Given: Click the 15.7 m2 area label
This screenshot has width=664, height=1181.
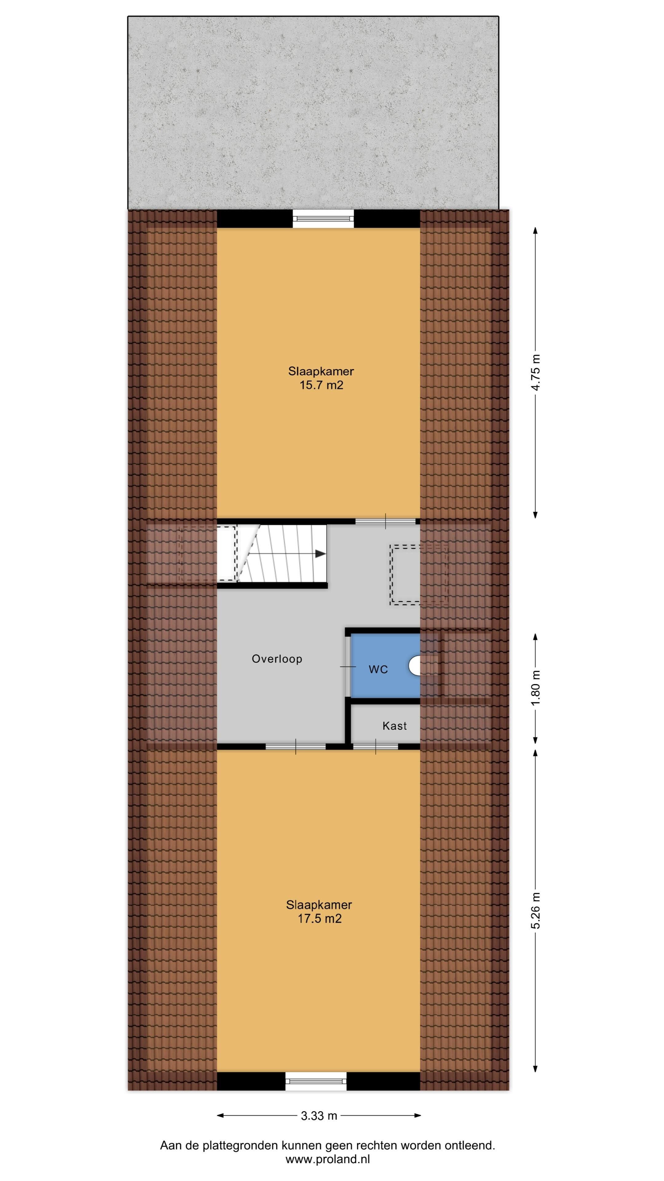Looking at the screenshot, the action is pos(321,385).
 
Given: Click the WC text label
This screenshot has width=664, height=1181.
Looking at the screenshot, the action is pos(378,670).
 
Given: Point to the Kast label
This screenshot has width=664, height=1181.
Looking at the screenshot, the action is pos(394,726).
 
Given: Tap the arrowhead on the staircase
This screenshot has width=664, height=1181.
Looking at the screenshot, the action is pos(321,554).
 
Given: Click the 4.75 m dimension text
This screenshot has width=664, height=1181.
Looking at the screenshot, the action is pos(535,372).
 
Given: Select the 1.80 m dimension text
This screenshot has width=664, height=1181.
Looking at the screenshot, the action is pos(535,688).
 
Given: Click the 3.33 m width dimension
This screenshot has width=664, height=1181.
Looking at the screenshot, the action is pos(319,1116).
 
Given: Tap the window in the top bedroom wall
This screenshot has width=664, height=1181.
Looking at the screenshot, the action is pos(323,219).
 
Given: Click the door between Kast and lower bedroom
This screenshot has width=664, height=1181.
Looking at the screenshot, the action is pos(375,746).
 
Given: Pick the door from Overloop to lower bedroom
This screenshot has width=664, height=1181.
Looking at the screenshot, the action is pos(295,746).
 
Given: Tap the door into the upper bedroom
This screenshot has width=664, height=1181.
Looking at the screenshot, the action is pos(385,521).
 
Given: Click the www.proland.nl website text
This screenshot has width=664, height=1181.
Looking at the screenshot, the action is pos(328,1159).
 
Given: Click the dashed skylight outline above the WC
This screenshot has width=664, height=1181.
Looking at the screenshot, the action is pos(418,575).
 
